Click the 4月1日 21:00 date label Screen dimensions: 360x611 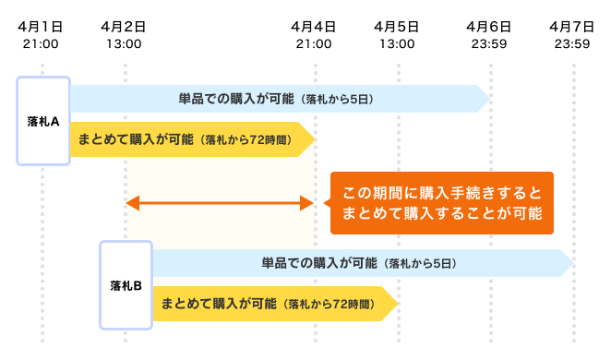pyautogui.click(x=42, y=35)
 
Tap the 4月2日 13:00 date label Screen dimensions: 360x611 pyautogui.click(x=125, y=35)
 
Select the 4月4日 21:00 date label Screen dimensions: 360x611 pyautogui.click(x=314, y=35)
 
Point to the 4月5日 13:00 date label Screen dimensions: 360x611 pyautogui.click(x=398, y=35)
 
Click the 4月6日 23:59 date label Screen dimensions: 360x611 pyautogui.click(x=489, y=35)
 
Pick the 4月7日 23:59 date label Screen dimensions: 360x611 pyautogui.click(x=571, y=35)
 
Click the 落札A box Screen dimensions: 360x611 pyautogui.click(x=43, y=121)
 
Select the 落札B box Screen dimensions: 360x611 pyautogui.click(x=126, y=284)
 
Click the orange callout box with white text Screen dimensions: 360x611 pyautogui.click(x=441, y=203)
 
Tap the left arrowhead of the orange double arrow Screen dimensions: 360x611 pyautogui.click(x=131, y=203)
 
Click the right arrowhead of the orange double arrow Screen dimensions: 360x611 pyautogui.click(x=310, y=203)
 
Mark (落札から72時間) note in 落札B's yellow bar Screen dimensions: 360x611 pyautogui.click(x=329, y=303)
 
